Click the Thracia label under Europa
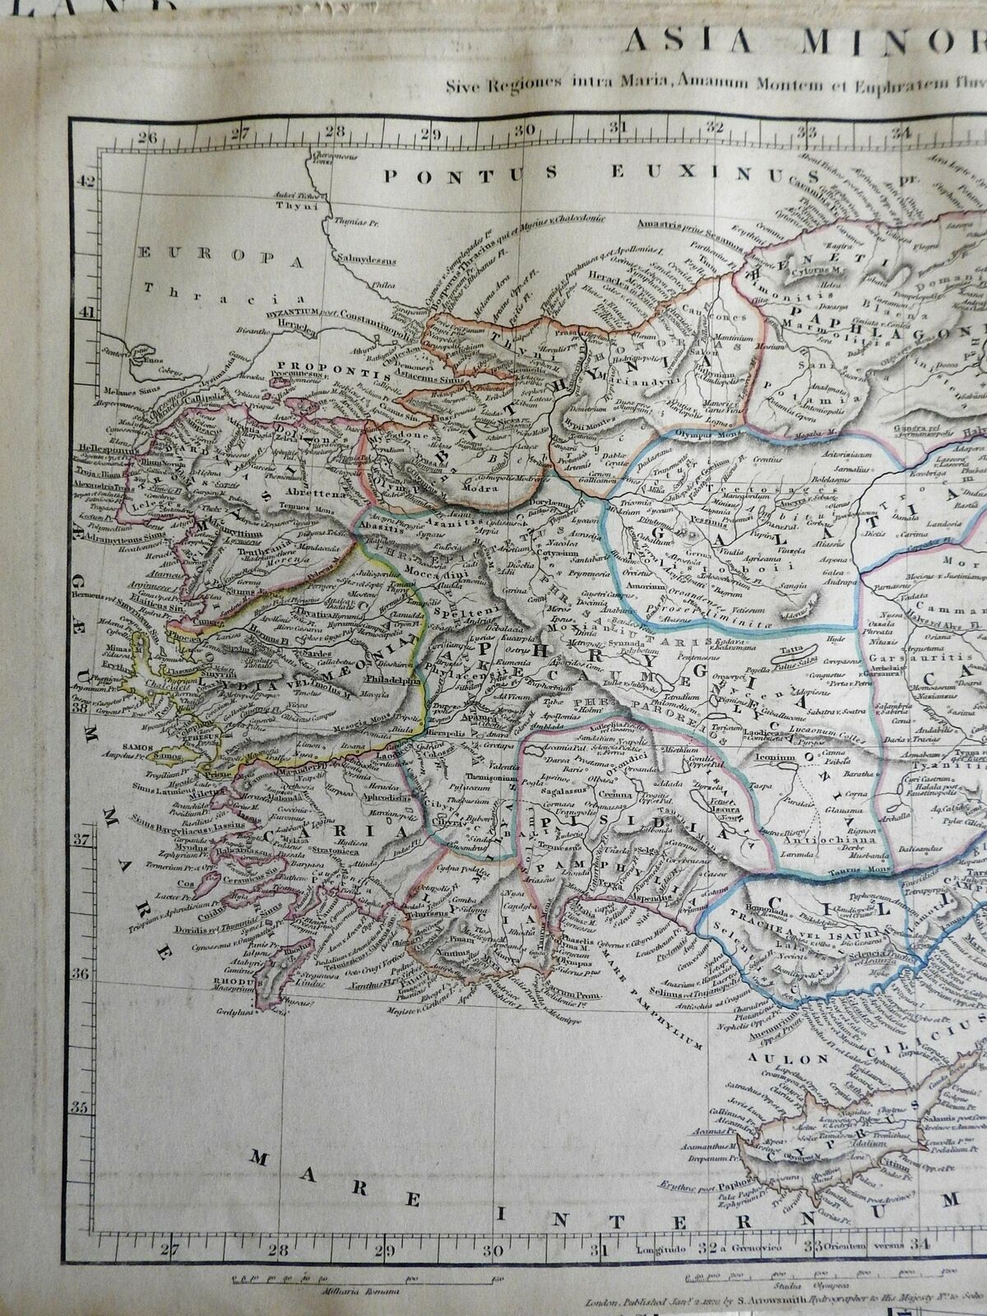tap(177, 288)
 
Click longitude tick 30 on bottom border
tap(493, 1249)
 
